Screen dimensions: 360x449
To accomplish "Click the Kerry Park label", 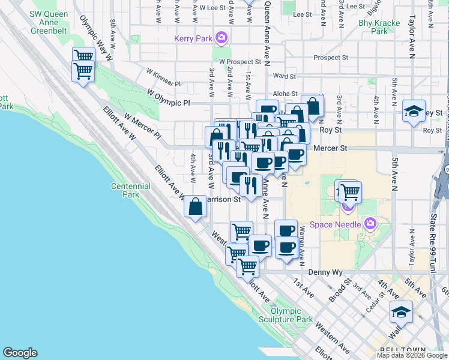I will [193, 38].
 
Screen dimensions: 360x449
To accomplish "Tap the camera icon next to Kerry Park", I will [221, 38].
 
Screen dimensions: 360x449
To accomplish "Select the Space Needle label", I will [336, 225].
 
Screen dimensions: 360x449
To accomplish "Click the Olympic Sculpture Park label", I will [291, 315].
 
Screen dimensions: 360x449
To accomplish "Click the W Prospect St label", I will [240, 61].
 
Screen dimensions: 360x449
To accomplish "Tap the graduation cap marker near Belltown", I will [401, 313].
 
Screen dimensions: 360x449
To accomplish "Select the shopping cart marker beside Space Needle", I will [350, 192].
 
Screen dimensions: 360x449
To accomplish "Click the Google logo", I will [20, 353].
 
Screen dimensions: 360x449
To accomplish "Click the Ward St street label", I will [285, 76].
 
